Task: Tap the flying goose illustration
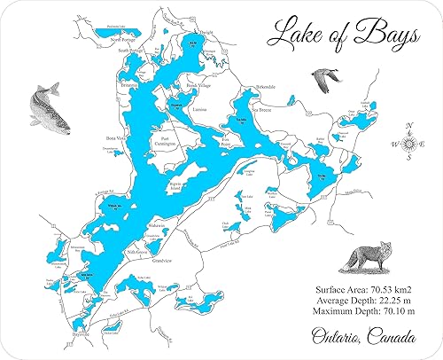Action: pyautogui.click(x=325, y=80)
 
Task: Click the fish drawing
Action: pyautogui.click(x=44, y=109)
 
